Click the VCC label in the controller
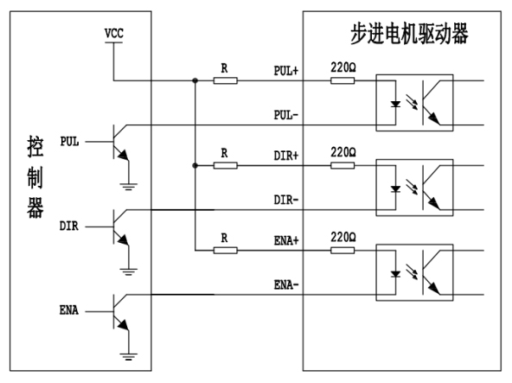click(114, 34)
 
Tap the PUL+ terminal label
click(286, 71)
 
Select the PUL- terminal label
click(286, 115)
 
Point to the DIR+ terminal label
click(286, 156)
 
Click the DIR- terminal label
click(286, 200)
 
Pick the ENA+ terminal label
click(286, 240)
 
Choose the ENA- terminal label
click(286, 284)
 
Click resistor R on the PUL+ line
click(226, 80)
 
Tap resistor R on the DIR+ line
click(226, 165)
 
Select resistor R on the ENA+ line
click(226, 251)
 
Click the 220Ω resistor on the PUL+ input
click(342, 80)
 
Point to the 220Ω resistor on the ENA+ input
click(342, 251)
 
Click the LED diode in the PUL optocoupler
click(396, 104)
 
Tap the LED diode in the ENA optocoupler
click(396, 274)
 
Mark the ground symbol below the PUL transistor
click(128, 187)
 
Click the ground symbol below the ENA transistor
click(128, 356)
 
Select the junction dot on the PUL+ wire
click(195, 80)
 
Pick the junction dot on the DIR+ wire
click(195, 165)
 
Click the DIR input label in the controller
click(69, 226)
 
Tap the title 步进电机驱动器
click(409, 34)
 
